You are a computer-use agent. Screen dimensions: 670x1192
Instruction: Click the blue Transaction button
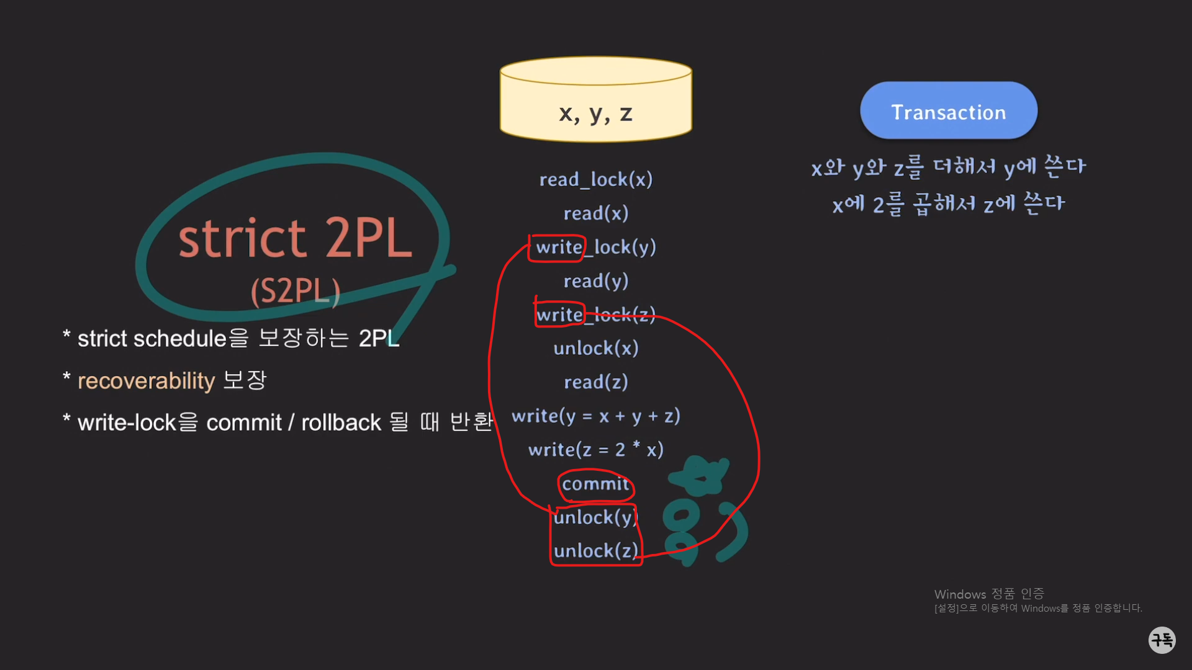[948, 111]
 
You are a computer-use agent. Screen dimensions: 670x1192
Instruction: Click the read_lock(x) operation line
[595, 180]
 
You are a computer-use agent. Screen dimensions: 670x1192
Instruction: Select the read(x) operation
[595, 213]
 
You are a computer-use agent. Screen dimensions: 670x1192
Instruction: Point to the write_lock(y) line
[595, 248]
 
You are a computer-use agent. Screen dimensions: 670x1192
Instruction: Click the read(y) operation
[595, 281]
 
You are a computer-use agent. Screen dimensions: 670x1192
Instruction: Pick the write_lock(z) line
[595, 315]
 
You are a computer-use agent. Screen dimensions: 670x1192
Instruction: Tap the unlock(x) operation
[595, 349]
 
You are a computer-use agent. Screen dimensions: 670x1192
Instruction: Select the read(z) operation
[595, 382]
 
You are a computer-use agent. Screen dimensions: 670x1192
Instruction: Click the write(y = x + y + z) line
[595, 416]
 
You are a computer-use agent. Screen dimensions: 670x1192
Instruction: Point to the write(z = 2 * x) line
[595, 450]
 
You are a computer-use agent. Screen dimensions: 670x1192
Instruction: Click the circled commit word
[595, 484]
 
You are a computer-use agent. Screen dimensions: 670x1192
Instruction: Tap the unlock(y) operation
[595, 517]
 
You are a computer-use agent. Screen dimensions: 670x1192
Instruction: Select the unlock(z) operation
[595, 551]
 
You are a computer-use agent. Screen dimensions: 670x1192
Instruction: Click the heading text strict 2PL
[295, 238]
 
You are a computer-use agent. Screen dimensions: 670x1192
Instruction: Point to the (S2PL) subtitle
[295, 290]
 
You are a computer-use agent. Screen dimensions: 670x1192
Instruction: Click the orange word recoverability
[146, 381]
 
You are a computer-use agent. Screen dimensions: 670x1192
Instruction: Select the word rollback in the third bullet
[341, 423]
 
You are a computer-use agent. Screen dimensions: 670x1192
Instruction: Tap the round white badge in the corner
[1162, 640]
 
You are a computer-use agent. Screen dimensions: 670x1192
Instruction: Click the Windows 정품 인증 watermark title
[989, 594]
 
